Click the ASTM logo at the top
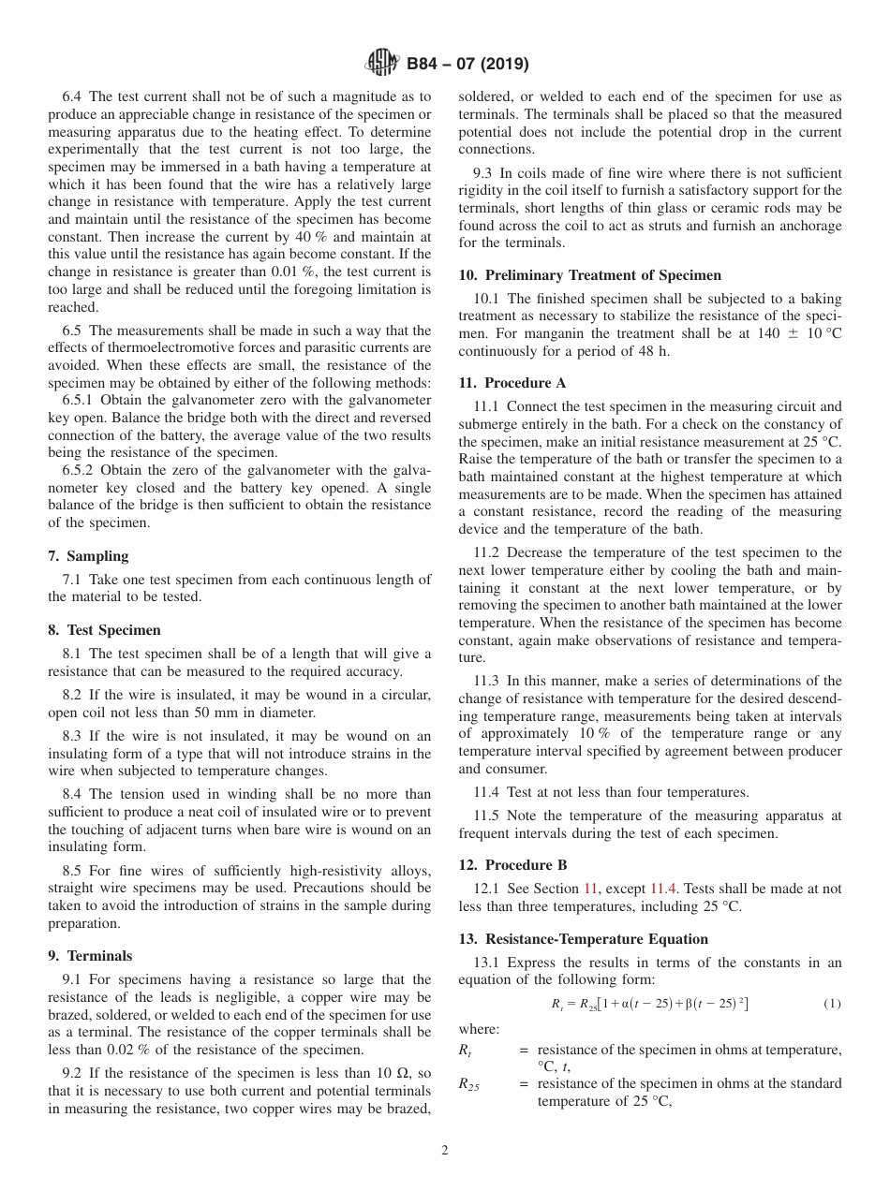[x=381, y=64]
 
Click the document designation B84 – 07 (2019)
[x=467, y=65]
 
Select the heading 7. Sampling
[x=88, y=556]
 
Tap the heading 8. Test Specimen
[x=104, y=630]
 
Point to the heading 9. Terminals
[x=90, y=956]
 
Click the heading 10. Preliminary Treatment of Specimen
[x=590, y=275]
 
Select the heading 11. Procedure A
[x=512, y=383]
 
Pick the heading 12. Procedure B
[x=512, y=865]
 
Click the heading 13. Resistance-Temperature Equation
[x=583, y=939]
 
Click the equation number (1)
[x=832, y=1004]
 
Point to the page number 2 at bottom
[x=445, y=1151]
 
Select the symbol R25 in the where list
[x=469, y=1084]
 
